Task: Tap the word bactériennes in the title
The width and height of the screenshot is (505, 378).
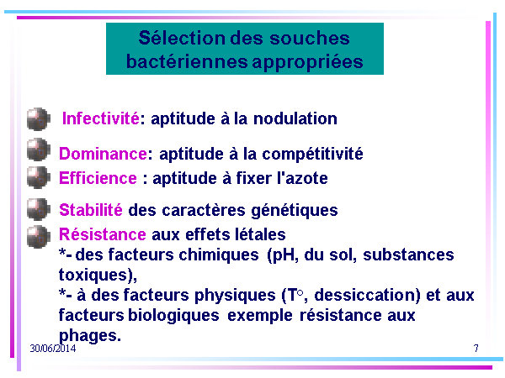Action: (187, 61)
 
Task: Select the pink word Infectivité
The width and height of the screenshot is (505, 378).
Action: (101, 118)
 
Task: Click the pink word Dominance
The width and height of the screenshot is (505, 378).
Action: (103, 154)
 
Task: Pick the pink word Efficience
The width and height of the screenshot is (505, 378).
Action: (98, 178)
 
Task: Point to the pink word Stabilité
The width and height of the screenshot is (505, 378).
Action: (91, 210)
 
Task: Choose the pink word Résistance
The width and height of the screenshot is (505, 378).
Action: (103, 234)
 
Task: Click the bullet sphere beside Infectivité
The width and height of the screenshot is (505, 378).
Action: (39, 119)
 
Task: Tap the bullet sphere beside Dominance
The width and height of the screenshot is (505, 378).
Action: (39, 150)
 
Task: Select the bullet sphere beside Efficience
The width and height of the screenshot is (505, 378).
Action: (39, 177)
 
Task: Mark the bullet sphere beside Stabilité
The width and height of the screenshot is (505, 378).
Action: (39, 209)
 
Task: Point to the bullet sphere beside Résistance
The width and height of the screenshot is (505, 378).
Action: (39, 237)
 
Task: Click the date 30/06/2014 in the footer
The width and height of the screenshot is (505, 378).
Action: (53, 349)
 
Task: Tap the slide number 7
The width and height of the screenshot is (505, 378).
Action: (476, 349)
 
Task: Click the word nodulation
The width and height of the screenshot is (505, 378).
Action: (295, 118)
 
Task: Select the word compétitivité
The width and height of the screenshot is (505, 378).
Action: (312, 154)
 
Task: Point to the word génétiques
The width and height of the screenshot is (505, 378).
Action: (295, 211)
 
